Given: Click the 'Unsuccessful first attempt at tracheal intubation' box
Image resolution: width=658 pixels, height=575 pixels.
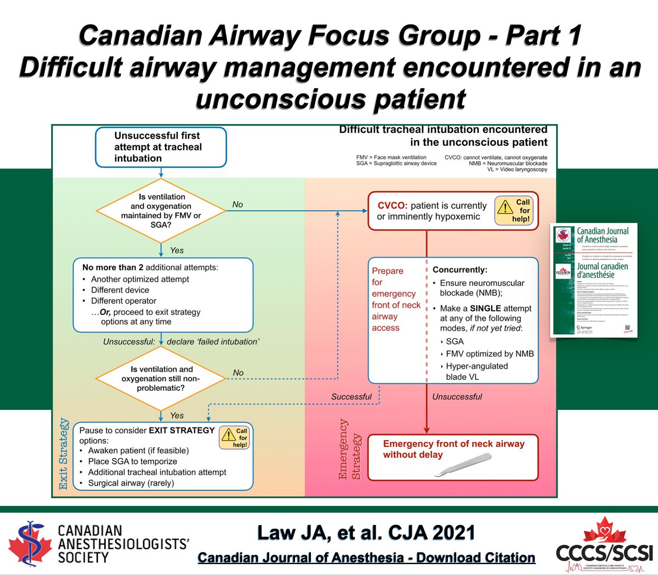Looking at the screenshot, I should pos(161,147).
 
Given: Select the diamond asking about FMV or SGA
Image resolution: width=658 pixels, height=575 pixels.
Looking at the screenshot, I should pos(161,211).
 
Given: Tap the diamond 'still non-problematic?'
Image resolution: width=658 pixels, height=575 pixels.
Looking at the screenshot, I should pos(161,378).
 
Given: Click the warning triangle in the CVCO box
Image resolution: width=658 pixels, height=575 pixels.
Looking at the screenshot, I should pos(504,208).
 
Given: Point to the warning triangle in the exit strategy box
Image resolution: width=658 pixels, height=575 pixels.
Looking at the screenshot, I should pos(228,436).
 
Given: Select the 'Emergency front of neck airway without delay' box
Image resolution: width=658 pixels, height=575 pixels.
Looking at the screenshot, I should pos(452,457).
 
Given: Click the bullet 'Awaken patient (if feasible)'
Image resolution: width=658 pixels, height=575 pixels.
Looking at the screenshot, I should pos(138,450).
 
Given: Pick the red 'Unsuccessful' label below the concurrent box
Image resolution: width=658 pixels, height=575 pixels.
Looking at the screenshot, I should pos(457,396).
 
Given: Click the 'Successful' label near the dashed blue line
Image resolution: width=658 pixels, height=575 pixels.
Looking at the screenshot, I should pos(351,396).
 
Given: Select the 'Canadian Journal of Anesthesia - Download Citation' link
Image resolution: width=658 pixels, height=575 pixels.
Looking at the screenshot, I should pos(366,557).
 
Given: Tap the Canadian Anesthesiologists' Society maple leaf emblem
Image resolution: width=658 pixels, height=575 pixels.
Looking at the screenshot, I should pos(31,543).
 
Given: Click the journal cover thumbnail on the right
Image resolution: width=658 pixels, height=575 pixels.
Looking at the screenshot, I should pos(594,280).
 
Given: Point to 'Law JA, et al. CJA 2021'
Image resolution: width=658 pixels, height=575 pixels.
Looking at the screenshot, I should pos(366,532).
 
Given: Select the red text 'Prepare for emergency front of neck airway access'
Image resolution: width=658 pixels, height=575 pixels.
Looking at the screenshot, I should pos(396,299).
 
